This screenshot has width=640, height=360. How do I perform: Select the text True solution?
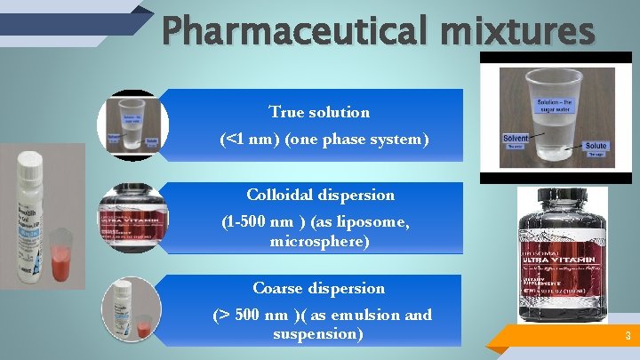pos(319,112)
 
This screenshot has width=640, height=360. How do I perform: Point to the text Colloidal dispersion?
pos(320,195)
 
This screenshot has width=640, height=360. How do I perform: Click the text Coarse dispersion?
pos(318,288)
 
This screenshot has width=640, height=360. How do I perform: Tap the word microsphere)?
pos(319,241)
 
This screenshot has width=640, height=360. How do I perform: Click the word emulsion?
pos(355,315)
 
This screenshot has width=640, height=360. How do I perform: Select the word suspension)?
pos(318,333)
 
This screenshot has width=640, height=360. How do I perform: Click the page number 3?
pos(628,336)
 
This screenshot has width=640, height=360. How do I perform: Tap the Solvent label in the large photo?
pos(515,139)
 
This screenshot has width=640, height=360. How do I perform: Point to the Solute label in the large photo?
pos(596,145)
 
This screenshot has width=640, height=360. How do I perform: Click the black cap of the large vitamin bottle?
pos(562,204)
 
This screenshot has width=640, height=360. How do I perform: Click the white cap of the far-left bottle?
pos(32,163)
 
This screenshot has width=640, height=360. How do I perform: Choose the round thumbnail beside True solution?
pos(132,124)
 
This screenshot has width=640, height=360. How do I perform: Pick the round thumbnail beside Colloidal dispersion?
pos(132,219)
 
